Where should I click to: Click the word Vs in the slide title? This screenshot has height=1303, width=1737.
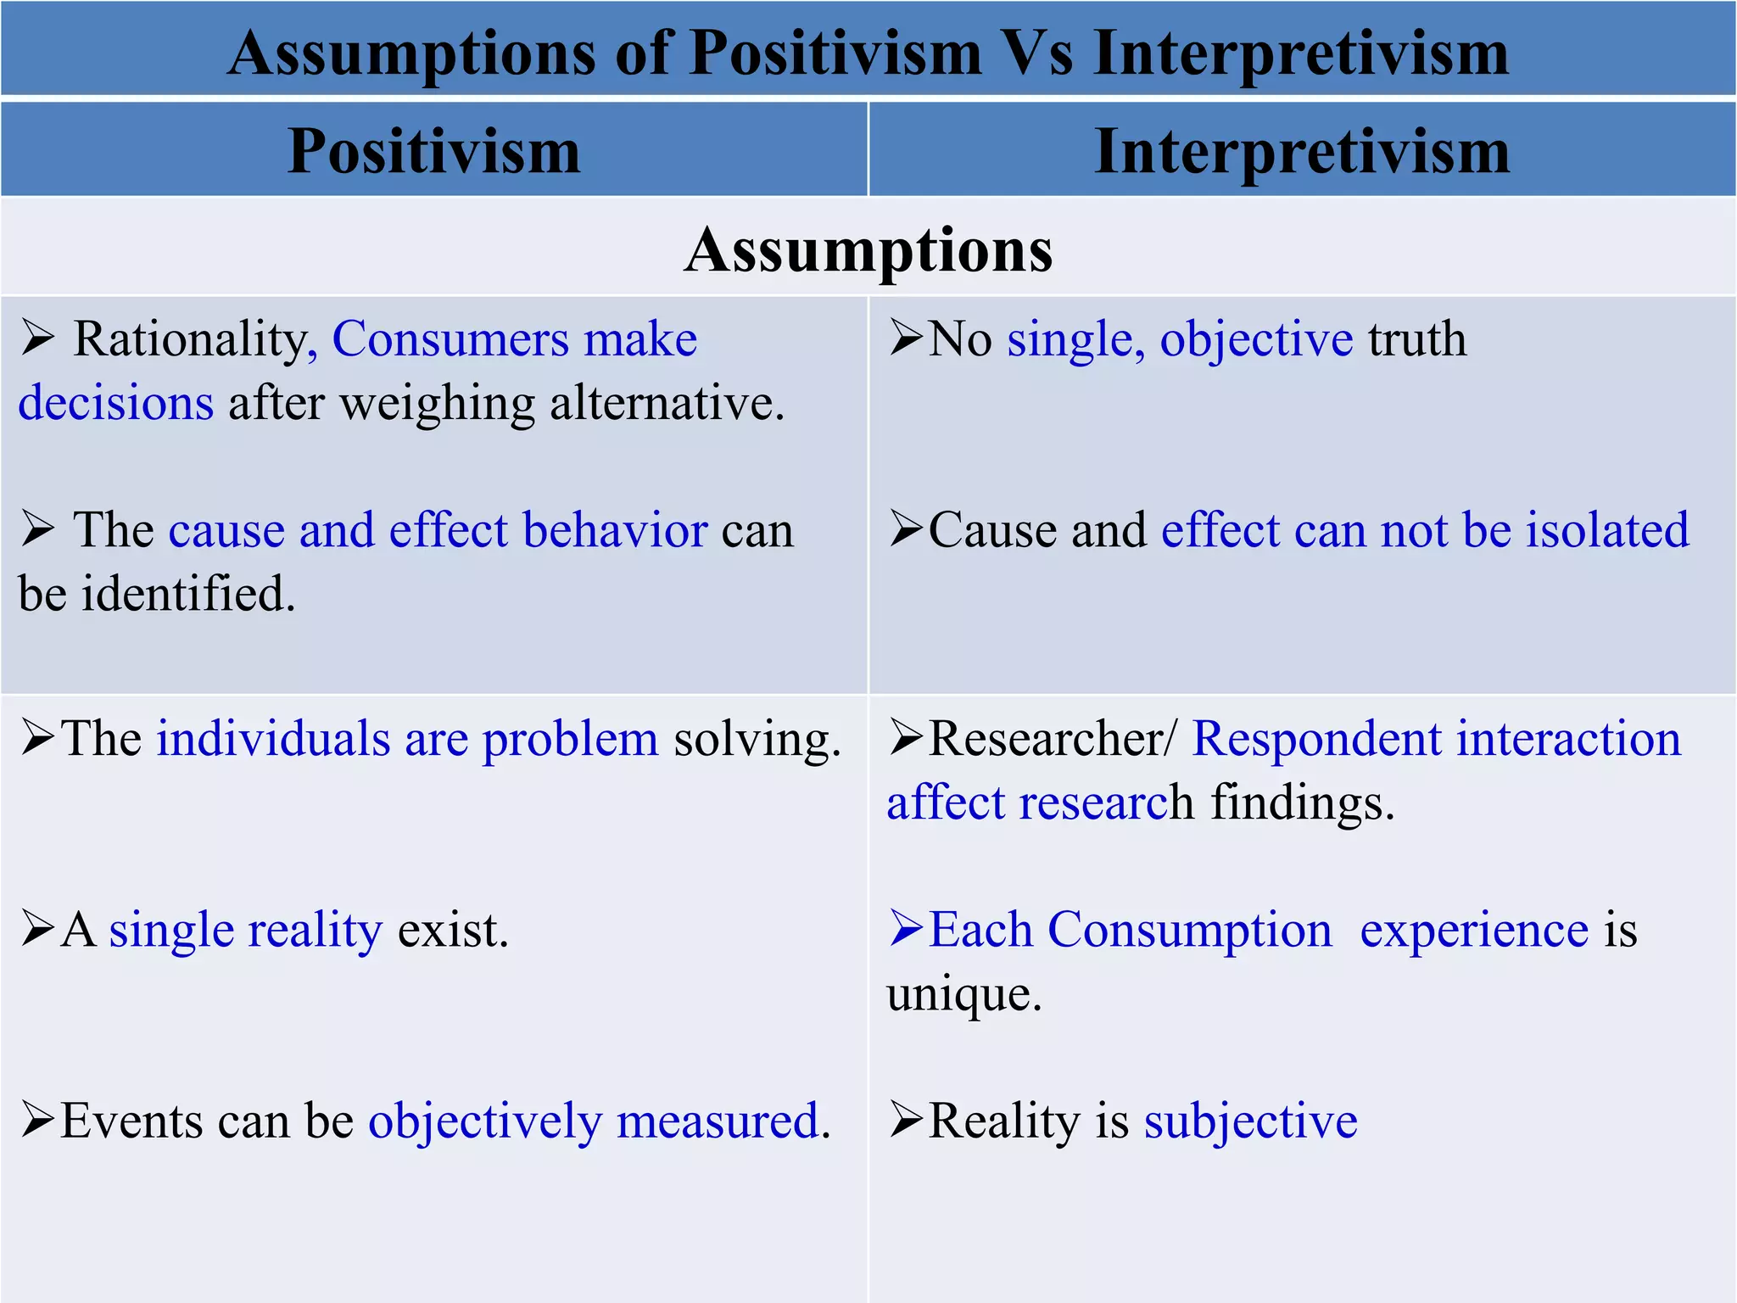tap(1038, 53)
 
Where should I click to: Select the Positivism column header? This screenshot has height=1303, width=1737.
tap(433, 151)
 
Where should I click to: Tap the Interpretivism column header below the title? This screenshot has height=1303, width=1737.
tap(1302, 151)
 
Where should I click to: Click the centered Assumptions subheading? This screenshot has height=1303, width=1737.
tap(868, 249)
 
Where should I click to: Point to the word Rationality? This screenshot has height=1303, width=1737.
tap(190, 339)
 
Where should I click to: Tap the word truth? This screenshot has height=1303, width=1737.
tap(1417, 339)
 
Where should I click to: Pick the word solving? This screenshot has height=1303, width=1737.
tap(757, 739)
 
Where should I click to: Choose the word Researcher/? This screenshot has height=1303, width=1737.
tap(1053, 739)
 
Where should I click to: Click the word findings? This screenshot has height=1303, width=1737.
tap(1302, 802)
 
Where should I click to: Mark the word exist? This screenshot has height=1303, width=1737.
tap(453, 930)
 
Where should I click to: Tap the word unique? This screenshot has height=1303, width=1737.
tap(963, 993)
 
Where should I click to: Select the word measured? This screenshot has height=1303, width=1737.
tap(723, 1121)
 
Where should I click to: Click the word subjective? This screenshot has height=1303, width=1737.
tap(1250, 1121)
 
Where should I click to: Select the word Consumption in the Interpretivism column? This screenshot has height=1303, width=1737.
tap(1189, 930)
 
